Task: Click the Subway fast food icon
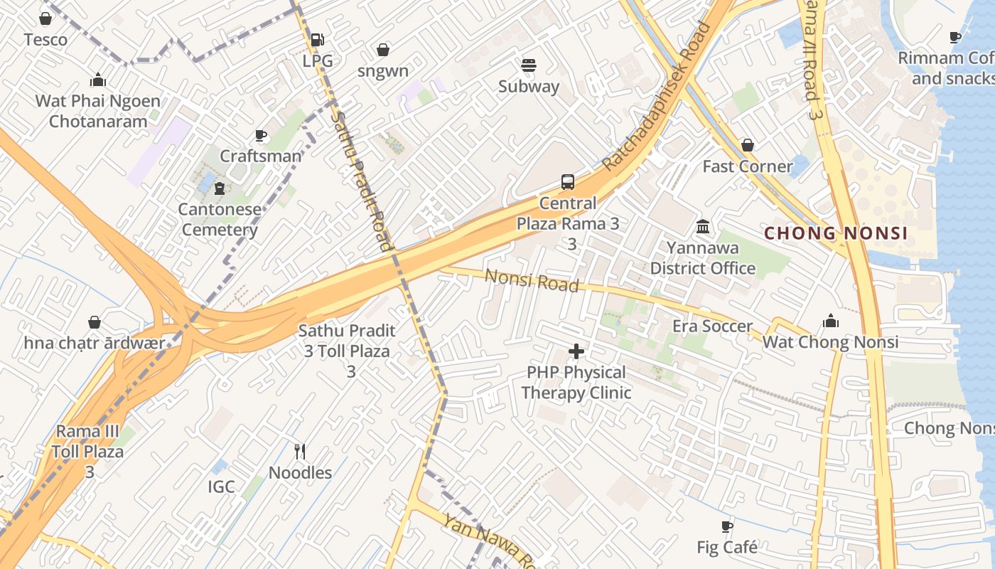click(528, 65)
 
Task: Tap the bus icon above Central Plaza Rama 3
click(567, 182)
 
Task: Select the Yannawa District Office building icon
click(703, 227)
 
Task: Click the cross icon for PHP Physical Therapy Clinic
click(576, 351)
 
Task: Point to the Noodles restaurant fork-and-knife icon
click(300, 452)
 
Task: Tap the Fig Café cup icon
click(726, 527)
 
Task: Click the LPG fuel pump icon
click(318, 40)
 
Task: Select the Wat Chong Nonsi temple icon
click(830, 321)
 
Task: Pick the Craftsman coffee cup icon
click(261, 135)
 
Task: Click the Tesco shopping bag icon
click(45, 18)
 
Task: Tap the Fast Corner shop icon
click(748, 146)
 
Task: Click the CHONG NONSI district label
click(835, 233)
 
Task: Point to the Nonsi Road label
click(532, 280)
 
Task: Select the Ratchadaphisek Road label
click(657, 97)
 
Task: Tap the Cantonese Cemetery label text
click(220, 220)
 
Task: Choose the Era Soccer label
click(712, 326)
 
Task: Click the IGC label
click(221, 487)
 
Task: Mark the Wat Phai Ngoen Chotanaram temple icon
click(98, 80)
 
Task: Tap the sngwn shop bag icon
click(383, 50)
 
